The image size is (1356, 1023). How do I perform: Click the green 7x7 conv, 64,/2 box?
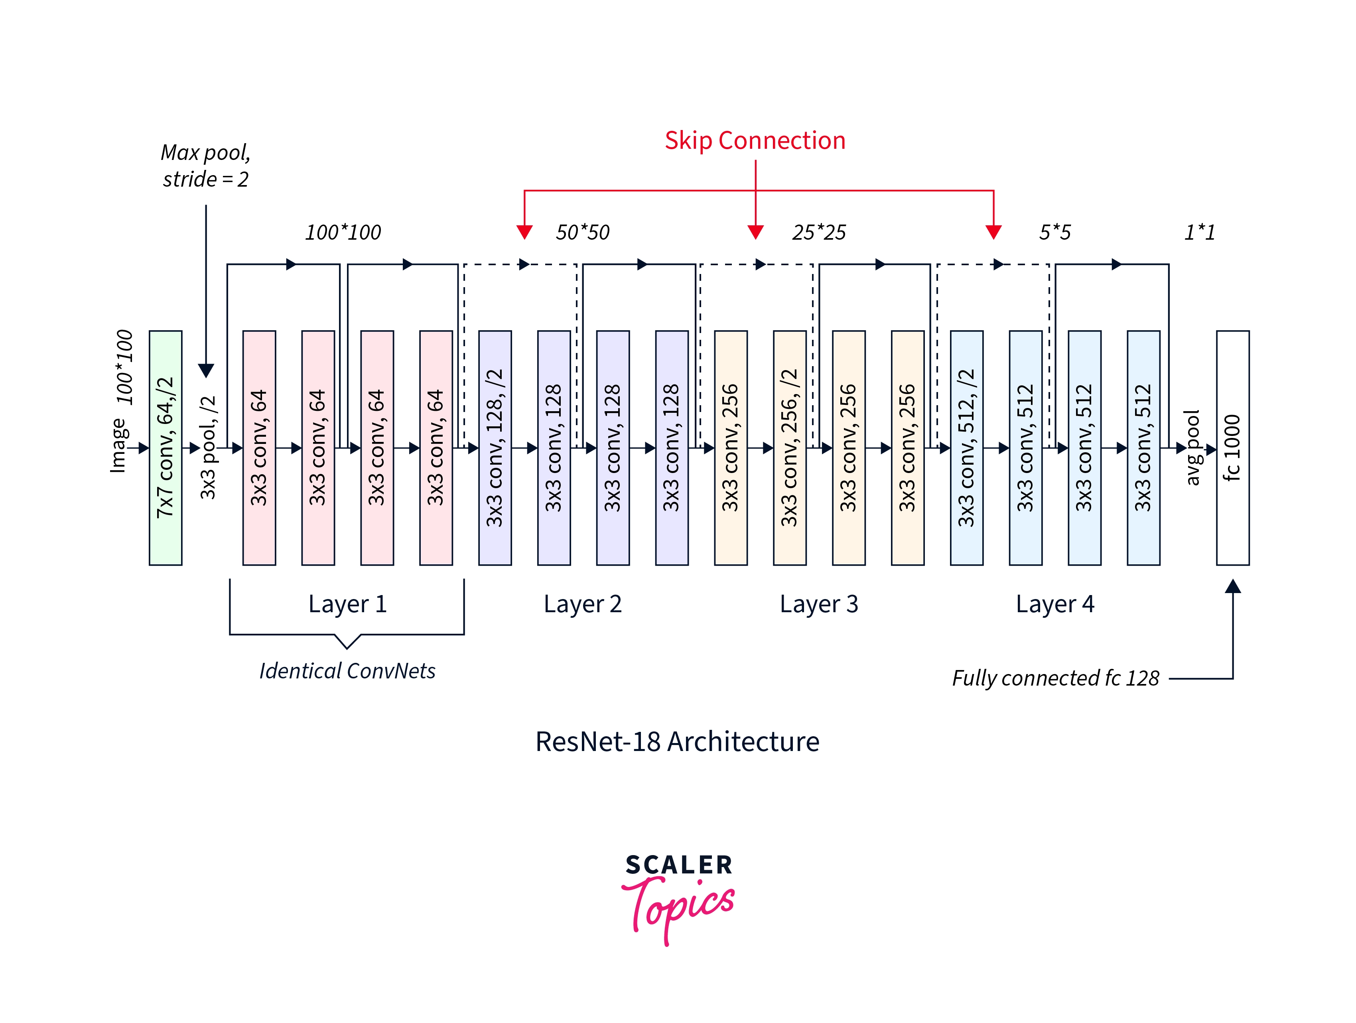pos(166,447)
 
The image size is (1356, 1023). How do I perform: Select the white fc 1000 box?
pos(1232,447)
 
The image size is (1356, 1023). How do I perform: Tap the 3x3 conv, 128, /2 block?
pos(495,447)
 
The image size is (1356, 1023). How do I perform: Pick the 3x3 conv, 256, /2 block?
pos(790,447)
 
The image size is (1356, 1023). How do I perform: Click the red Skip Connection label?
pos(755,140)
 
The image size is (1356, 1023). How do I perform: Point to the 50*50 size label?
pos(582,232)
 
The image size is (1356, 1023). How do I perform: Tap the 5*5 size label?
pos(1054,232)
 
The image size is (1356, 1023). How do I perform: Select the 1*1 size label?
pos(1200,232)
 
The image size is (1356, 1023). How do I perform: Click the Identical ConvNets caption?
pos(347,671)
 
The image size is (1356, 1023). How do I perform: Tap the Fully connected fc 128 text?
pos(1055,678)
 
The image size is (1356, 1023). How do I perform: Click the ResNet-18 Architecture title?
pos(677,742)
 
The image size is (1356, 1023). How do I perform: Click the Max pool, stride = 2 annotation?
pos(206,166)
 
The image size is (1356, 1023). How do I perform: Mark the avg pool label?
pos(1192,447)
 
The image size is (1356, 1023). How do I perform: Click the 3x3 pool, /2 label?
pos(209,447)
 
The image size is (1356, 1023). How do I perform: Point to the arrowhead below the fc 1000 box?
pos(1233,587)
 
